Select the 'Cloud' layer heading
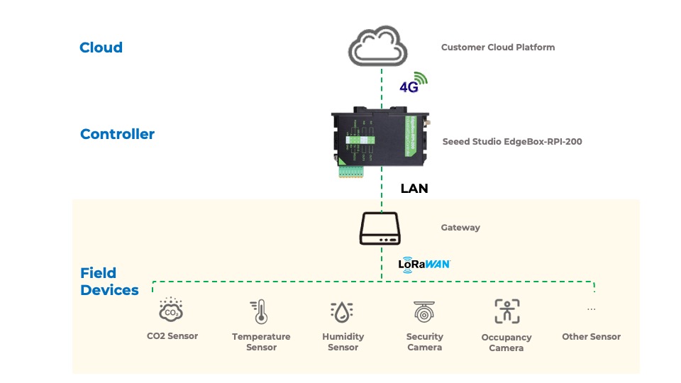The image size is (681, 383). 101,48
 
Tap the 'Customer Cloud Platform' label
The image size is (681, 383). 497,48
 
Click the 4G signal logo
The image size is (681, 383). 414,83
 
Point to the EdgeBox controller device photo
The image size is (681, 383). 382,139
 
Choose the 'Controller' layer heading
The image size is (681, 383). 117,134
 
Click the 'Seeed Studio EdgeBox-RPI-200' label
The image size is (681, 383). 511,142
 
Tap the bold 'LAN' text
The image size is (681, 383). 414,189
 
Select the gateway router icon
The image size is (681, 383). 382,229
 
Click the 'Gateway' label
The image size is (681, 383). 460,228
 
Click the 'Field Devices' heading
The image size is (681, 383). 109,282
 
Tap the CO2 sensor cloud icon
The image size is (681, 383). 171,310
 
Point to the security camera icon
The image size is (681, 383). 424,311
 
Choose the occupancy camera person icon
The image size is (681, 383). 506,311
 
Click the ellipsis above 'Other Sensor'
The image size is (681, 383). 591,309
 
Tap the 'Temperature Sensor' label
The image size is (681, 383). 261,342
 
